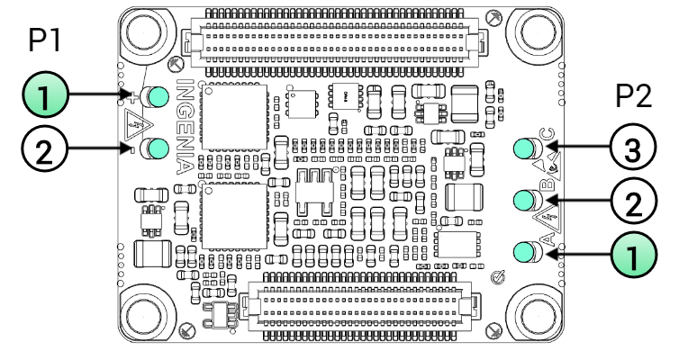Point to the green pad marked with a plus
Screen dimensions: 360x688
(x=160, y=96)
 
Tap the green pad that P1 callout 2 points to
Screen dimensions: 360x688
(x=160, y=148)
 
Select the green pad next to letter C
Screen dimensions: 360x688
(x=524, y=148)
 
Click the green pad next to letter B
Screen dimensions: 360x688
(x=524, y=199)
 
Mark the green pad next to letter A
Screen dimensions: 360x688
(x=524, y=251)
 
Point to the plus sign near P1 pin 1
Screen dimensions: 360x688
(x=132, y=96)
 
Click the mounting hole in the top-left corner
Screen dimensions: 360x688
(x=145, y=33)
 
